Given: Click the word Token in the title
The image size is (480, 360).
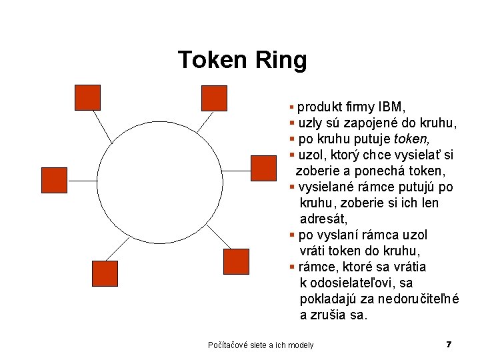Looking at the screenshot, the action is point(213,61).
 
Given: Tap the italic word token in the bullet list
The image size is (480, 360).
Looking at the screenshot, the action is point(412,139).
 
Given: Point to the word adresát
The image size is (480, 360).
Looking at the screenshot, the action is point(324,219).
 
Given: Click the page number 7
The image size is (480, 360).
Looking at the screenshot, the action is point(449,345).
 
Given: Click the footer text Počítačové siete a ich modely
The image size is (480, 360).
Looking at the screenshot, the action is point(261,345).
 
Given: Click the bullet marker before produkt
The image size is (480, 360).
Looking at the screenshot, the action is point(292,107).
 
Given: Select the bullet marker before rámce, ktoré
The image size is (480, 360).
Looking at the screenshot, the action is point(292,267).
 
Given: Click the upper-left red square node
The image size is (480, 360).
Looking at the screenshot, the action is point(87,97).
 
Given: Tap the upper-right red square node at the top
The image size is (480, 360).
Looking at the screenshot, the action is point(214,98).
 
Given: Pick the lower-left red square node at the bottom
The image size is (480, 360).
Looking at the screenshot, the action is point(104,273).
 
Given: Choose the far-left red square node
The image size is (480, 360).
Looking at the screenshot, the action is point(54,180).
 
